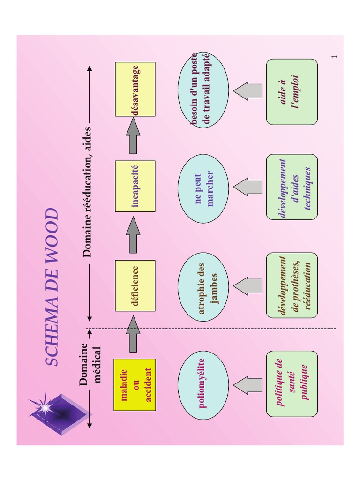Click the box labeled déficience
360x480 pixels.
(x=135, y=285)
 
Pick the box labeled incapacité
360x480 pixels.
(x=135, y=186)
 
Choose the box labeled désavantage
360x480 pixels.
(x=135, y=89)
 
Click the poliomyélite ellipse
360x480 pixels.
(x=203, y=385)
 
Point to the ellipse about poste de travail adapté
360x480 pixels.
(x=203, y=90)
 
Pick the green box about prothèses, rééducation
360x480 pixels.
(x=292, y=285)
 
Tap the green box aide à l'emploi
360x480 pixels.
(x=292, y=91)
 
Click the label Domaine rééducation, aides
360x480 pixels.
(x=87, y=192)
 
